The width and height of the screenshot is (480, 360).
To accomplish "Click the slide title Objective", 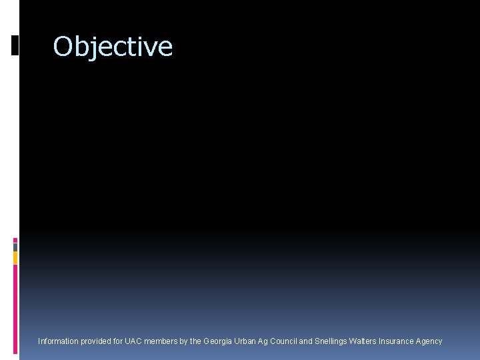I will [x=113, y=47].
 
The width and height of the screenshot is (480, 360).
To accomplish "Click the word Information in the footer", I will [x=57, y=341].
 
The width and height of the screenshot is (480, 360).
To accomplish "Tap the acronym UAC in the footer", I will [x=134, y=341].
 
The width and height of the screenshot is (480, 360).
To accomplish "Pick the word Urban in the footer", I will [x=245, y=341].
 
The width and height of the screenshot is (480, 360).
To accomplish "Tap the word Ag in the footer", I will [x=263, y=341].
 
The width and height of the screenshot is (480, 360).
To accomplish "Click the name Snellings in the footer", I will [x=331, y=341].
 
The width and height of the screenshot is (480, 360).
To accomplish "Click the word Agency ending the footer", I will [x=429, y=341].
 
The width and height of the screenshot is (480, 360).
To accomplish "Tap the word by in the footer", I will [x=184, y=341].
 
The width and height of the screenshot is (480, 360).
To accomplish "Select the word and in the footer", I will [x=305, y=341].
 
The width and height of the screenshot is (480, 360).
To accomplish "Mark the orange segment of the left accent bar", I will [x=15, y=257].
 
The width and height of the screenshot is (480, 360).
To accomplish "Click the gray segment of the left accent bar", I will [x=15, y=247].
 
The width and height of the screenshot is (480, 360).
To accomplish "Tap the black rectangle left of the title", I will [x=15, y=45].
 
